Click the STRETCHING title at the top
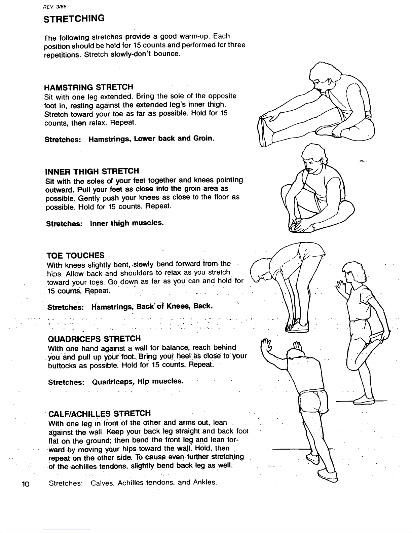click(x=74, y=18)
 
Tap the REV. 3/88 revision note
click(x=55, y=7)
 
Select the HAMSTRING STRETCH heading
click(x=89, y=87)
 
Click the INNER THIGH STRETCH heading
click(x=92, y=171)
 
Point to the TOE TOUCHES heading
click(x=76, y=256)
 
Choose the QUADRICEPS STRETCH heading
click(x=95, y=339)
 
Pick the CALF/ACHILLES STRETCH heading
click(x=100, y=414)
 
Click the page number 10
click(x=26, y=484)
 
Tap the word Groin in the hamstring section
click(x=204, y=138)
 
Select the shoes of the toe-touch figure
click(x=297, y=326)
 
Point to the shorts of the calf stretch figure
click(x=314, y=401)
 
